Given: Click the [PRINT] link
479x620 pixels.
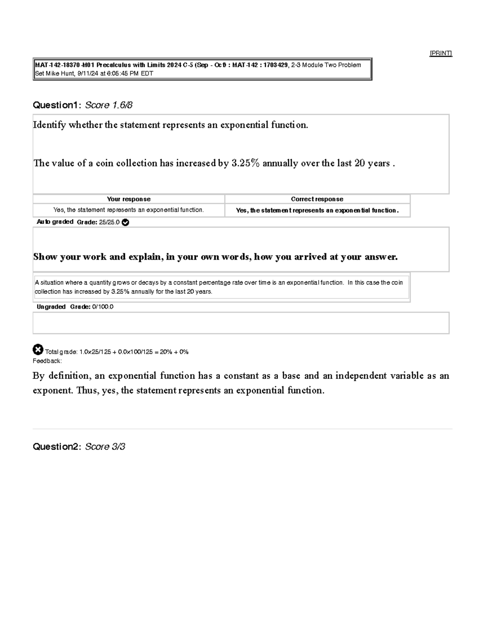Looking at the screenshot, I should (441, 53).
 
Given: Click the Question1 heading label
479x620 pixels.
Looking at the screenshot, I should (57, 105).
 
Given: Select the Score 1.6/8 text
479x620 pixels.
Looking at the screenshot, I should (109, 105).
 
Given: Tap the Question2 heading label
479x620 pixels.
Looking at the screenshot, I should (57, 446).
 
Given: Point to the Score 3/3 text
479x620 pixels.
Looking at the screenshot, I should (105, 446).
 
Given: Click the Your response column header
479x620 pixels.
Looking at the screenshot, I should (129, 199).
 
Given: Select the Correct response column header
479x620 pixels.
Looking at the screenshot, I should (317, 199).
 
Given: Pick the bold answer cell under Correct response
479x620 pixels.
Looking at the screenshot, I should (317, 210).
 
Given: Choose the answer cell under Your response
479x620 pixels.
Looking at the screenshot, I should (129, 210).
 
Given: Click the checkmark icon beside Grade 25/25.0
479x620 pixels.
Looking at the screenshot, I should (125, 222).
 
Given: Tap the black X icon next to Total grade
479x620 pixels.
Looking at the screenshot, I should (38, 350).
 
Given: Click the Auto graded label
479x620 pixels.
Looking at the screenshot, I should (55, 222).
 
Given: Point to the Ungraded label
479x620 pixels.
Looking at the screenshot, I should (51, 307).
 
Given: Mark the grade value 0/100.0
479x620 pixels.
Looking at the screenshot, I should (103, 307).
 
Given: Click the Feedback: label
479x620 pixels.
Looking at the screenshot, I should (47, 361).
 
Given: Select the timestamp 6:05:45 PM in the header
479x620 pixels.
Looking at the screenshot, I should (123, 73).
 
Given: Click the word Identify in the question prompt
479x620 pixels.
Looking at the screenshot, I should (49, 125).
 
